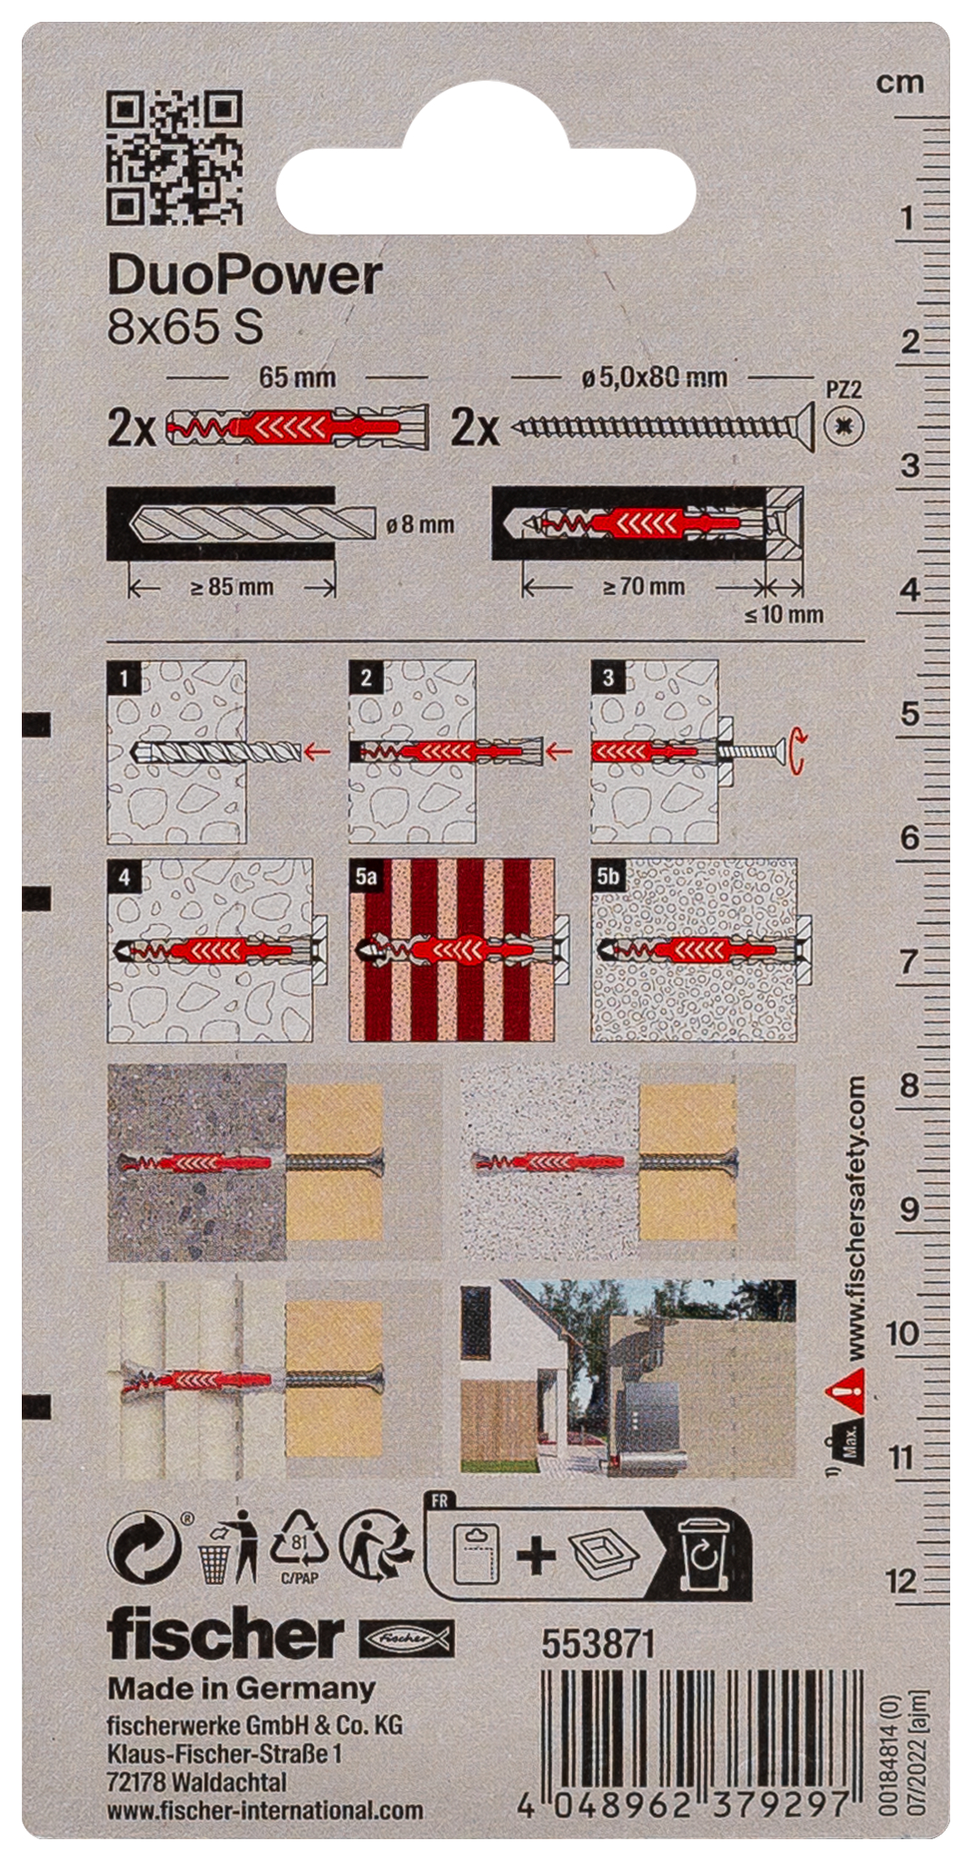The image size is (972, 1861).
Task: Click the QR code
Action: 175,157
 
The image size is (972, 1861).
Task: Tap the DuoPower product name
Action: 244,275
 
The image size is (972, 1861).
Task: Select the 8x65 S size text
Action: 185,327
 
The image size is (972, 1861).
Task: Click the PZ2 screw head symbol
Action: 845,426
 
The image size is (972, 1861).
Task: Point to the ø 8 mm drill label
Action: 420,524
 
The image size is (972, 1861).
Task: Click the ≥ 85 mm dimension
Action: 232,587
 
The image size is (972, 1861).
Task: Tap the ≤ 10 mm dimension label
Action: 784,614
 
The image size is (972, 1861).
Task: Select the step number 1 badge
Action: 124,677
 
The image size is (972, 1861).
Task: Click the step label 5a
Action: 366,876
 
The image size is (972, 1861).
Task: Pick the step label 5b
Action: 608,876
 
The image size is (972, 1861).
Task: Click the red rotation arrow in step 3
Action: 797,751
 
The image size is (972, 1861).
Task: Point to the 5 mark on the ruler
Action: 909,714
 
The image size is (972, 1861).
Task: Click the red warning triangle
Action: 845,1388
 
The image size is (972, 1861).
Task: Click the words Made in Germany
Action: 241,1688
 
